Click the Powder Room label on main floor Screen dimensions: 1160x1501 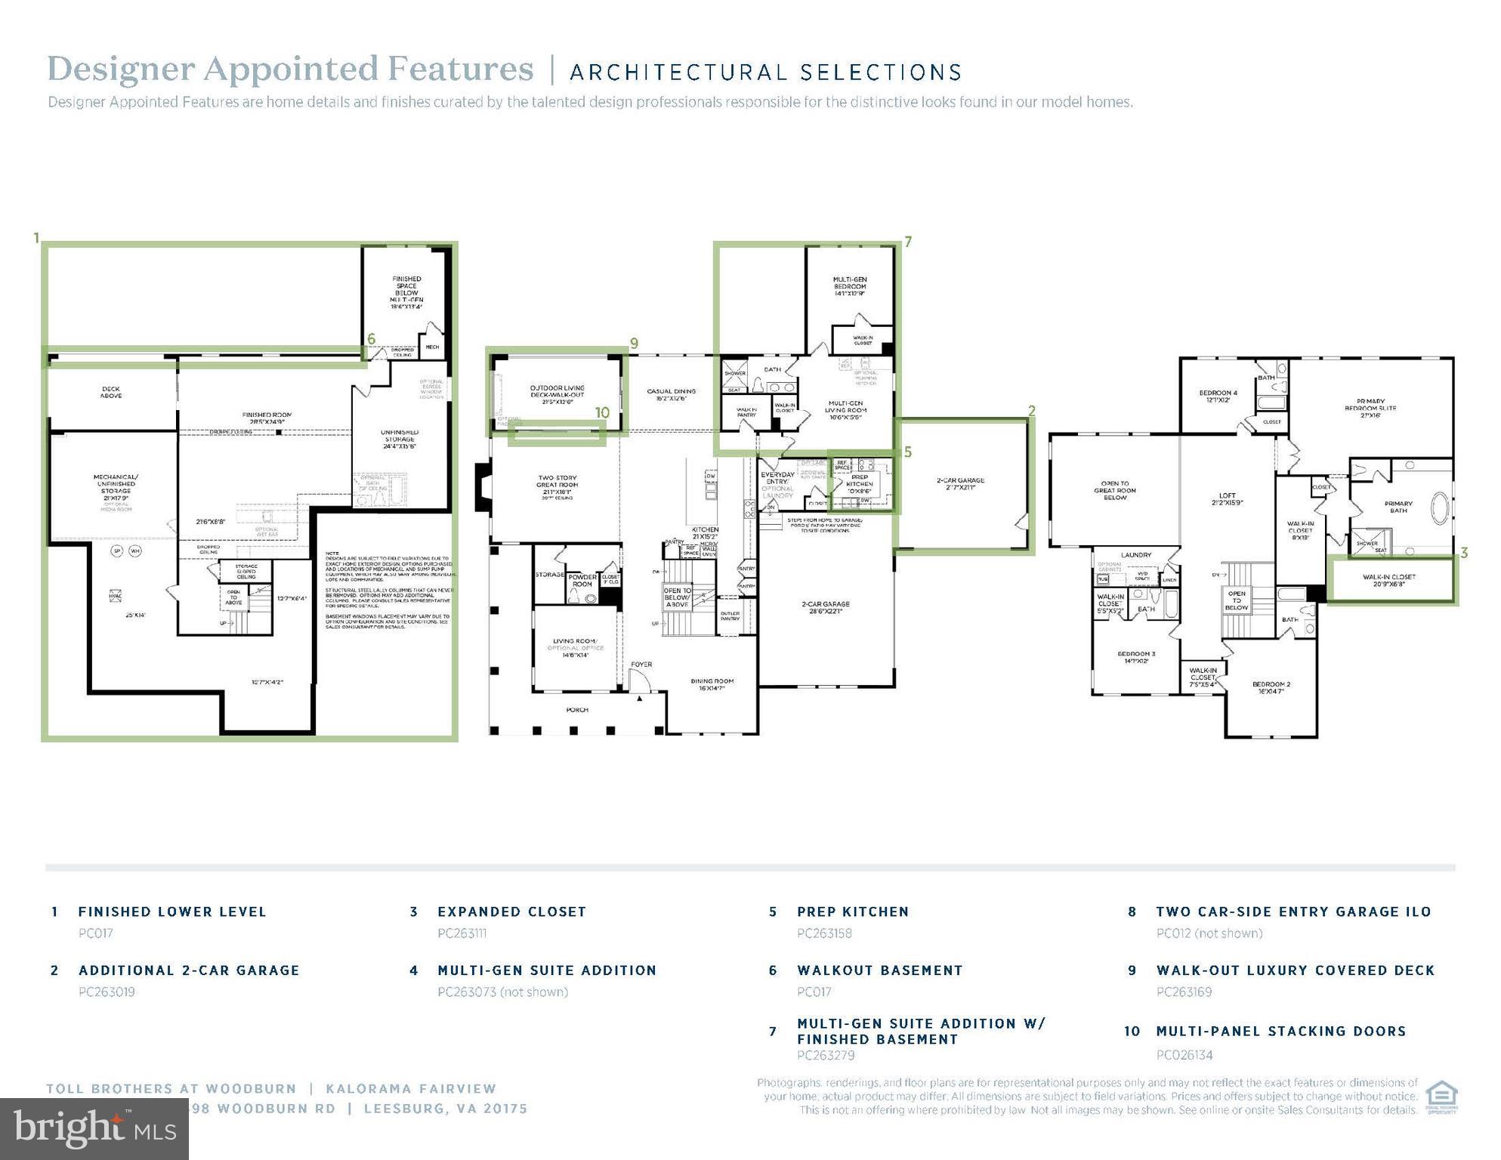tap(582, 580)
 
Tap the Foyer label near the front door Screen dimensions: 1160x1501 tap(641, 665)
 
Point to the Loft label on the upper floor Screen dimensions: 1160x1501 tap(1227, 499)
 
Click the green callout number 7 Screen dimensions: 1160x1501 tap(908, 242)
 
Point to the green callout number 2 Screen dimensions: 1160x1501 tap(1031, 411)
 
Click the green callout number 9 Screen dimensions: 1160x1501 tap(634, 344)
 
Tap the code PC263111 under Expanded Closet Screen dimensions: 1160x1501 tap(462, 933)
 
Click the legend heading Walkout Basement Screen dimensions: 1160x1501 tap(879, 970)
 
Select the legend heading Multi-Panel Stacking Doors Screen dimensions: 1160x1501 tap(1280, 1032)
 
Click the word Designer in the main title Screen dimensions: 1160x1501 tap(121, 69)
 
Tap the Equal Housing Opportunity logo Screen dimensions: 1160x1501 tap(1441, 1097)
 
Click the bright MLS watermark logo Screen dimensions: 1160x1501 tap(94, 1128)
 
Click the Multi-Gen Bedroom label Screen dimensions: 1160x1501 tap(850, 286)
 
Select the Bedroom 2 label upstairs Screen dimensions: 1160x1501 tap(1271, 687)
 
